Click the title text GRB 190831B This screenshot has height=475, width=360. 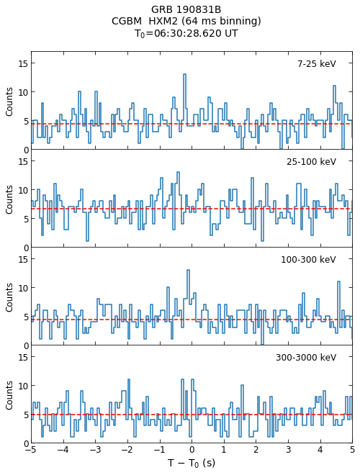pyautogui.click(x=186, y=9)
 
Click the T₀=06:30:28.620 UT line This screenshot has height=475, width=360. pyautogui.click(x=186, y=33)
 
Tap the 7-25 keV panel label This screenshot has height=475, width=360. pyautogui.click(x=317, y=63)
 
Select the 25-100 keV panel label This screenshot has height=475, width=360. pyautogui.click(x=311, y=161)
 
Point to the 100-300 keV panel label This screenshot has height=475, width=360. pyautogui.click(x=308, y=259)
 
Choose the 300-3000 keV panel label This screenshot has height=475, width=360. pyautogui.click(x=306, y=357)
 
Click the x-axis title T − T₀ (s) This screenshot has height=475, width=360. pyautogui.click(x=192, y=463)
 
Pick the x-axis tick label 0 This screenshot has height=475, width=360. pyautogui.click(x=192, y=449)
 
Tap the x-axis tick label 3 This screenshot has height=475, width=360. pyautogui.click(x=288, y=449)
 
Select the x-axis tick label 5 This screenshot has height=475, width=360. pyautogui.click(x=352, y=449)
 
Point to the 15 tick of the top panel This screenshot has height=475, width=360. pyautogui.click(x=23, y=63)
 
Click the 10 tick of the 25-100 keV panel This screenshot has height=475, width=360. pyautogui.click(x=23, y=190)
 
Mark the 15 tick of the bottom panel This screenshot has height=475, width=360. pyautogui.click(x=23, y=357)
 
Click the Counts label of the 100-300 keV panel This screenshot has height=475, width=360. pyautogui.click(x=9, y=297)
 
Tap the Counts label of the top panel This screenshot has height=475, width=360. pyautogui.click(x=9, y=101)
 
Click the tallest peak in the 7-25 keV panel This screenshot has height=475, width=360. pyautogui.click(x=184, y=74)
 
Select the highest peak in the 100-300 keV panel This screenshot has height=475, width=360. pyautogui.click(x=188, y=270)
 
